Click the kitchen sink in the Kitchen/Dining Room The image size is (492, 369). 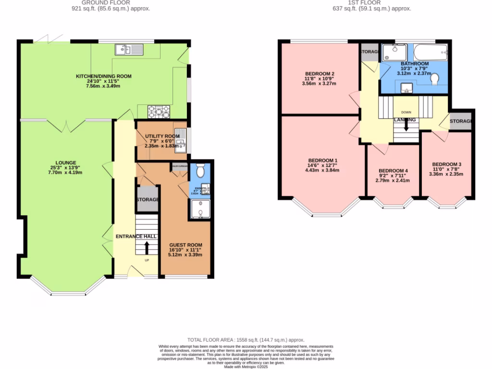pos(129,49)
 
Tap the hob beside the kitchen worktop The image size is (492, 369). pos(159,112)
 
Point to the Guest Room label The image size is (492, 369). pos(185,245)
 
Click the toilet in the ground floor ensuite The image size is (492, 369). pos(200,170)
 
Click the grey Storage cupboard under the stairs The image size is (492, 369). pos(148,199)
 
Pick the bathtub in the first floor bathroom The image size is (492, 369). pos(431,52)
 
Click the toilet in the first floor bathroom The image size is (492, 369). pos(435,78)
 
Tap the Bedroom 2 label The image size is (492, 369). pos(320,74)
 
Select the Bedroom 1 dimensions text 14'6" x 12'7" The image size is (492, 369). pos(323,166)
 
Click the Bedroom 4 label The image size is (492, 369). pos(393,171)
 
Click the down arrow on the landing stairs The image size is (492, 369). pos(406,125)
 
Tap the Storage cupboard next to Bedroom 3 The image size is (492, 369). pos(461,121)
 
